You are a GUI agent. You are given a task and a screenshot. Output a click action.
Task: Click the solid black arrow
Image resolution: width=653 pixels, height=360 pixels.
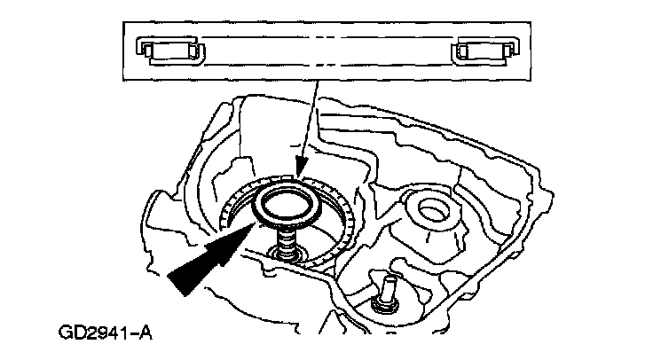209,261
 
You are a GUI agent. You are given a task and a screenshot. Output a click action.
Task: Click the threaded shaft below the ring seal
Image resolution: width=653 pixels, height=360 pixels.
288,239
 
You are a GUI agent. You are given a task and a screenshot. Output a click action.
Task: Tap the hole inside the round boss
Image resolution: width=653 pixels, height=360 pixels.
436,209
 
